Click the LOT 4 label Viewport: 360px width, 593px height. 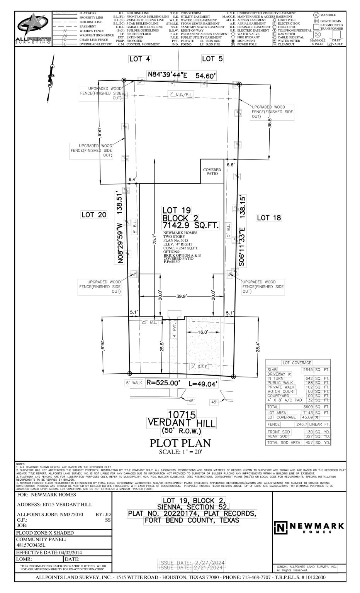pyautogui.click(x=139, y=59)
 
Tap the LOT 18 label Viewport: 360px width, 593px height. pyautogui.click(x=269, y=218)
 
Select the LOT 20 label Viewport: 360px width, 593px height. pyautogui.click(x=94, y=215)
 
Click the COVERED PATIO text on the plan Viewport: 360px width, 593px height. pyautogui.click(x=212, y=171)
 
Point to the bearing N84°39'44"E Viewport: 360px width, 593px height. pyautogui.click(x=167, y=75)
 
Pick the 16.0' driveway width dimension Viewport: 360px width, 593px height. pyautogui.click(x=203, y=332)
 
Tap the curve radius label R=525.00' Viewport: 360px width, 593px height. pyautogui.click(x=163, y=383)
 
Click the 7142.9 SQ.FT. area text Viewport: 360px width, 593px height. pyautogui.click(x=190, y=225)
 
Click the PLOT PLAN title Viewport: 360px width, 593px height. pyautogui.click(x=180, y=443)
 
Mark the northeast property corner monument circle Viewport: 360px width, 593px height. pyautogui.click(x=239, y=84)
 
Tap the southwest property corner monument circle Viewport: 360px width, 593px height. pyautogui.click(x=130, y=373)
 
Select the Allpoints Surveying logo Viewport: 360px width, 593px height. pyautogui.click(x=33, y=29)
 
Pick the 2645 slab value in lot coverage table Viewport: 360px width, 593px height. pyautogui.click(x=307, y=369)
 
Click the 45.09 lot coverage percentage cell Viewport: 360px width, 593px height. pyautogui.click(x=307, y=417)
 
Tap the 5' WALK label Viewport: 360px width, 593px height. pyautogui.click(x=134, y=383)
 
